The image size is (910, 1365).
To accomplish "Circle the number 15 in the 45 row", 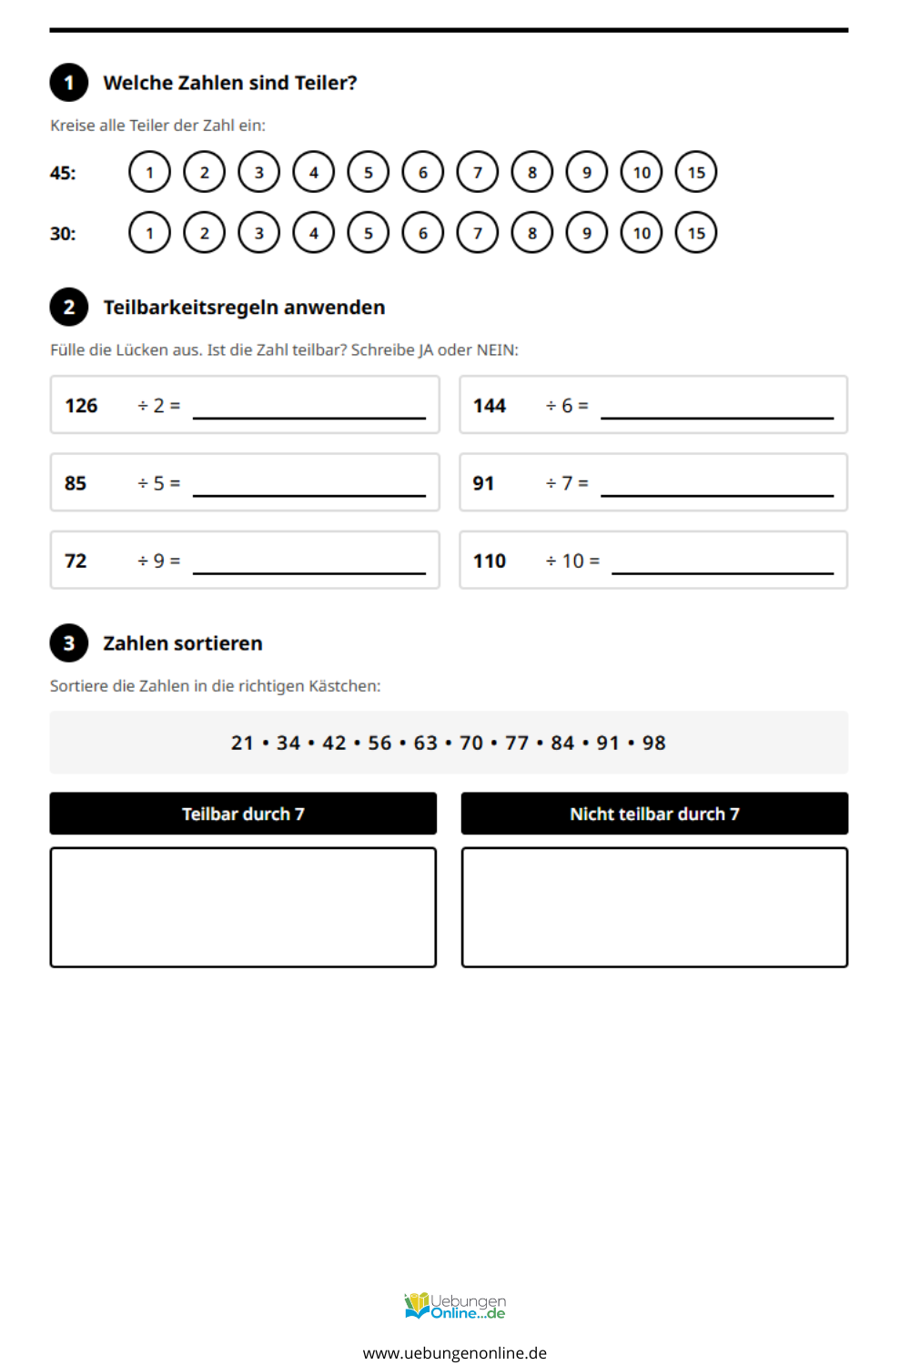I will coord(696,172).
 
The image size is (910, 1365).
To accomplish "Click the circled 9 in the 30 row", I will coord(587,233).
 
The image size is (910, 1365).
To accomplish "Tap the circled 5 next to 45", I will coord(369,172).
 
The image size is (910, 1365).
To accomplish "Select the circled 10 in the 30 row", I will coord(642,233).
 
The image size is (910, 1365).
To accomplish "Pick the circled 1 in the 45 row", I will coord(150,172).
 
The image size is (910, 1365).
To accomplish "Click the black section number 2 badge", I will coord(69,308).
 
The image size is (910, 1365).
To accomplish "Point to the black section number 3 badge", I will coord(69,643).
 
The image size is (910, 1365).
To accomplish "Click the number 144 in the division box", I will coord(490,406).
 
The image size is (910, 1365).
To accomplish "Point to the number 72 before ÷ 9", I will coord(76,561).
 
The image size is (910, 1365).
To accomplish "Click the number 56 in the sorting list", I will coord(379,743).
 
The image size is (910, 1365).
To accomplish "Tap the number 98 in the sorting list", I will coord(654,743).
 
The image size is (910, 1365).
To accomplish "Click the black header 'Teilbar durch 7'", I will coord(243,814).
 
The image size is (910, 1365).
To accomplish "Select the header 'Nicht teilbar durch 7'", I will coord(654,814).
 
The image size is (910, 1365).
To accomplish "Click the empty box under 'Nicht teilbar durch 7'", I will coord(654,907).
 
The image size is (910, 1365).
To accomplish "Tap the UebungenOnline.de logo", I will coord(455,1307).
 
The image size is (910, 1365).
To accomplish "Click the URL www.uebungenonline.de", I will coord(455,1353).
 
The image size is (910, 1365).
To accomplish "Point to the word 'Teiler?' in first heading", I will coord(326,83).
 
